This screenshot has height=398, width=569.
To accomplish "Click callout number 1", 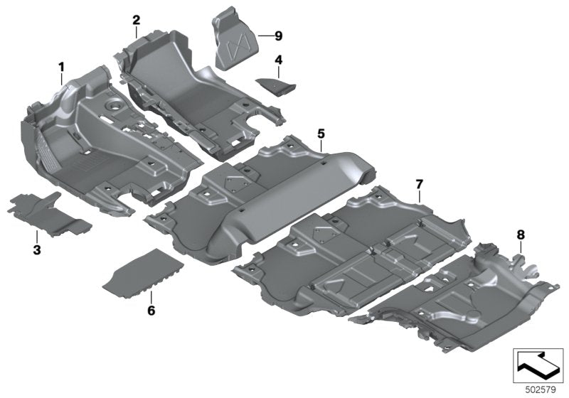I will coord(62,67).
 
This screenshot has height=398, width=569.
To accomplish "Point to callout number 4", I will coord(279,60).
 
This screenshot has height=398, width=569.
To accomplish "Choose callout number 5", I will coord(321,133).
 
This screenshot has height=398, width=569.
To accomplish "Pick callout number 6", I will coord(151,311).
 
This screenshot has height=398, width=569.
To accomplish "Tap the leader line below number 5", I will coord(321,145).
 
